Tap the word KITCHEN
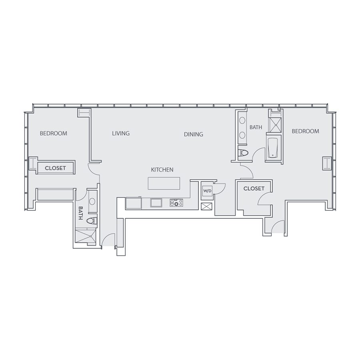click(x=162, y=170)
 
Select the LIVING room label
click(x=121, y=133)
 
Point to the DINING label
click(x=194, y=134)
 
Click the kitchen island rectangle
click(x=164, y=183)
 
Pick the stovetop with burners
click(x=176, y=203)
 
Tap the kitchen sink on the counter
click(x=156, y=203)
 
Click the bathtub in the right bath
click(x=273, y=148)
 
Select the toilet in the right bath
click(x=243, y=153)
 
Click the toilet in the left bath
click(x=92, y=221)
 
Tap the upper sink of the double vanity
click(x=242, y=120)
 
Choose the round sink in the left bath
click(x=92, y=201)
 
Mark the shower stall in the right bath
click(x=275, y=125)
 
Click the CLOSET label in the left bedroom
click(x=55, y=168)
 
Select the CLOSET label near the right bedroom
click(x=254, y=188)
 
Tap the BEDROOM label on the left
click(x=54, y=133)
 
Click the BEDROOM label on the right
click(x=305, y=131)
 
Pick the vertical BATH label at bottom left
click(x=80, y=213)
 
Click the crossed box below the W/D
click(x=206, y=206)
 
